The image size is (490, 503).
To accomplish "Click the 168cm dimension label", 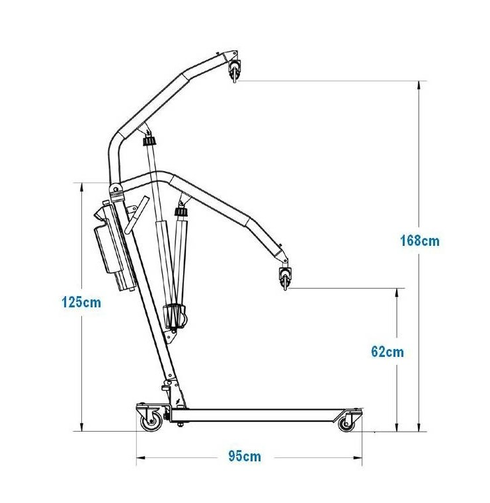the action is tap(420, 241).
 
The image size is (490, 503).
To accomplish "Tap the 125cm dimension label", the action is tap(81, 302).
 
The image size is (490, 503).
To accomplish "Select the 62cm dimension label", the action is tap(388, 352).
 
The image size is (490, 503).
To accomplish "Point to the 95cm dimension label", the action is tap(245, 456).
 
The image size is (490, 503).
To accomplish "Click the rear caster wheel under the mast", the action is tap(150, 421).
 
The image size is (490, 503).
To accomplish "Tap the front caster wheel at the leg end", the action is tap(347, 423).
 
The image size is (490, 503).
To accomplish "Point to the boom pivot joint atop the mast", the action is tap(116, 191).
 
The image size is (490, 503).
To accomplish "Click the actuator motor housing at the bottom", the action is tap(174, 317).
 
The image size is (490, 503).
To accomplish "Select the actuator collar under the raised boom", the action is tap(149, 141).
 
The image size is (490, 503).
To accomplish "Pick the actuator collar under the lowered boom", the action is tap(181, 212).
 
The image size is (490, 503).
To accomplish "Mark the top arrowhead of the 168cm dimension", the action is tap(419, 86).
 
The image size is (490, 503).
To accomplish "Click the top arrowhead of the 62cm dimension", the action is tap(397, 293).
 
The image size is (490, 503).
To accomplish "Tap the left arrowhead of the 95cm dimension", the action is tap(142, 457).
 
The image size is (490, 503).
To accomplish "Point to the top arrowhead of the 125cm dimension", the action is tap(81, 188).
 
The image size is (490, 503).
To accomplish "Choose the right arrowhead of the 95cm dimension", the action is tap(357, 457).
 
